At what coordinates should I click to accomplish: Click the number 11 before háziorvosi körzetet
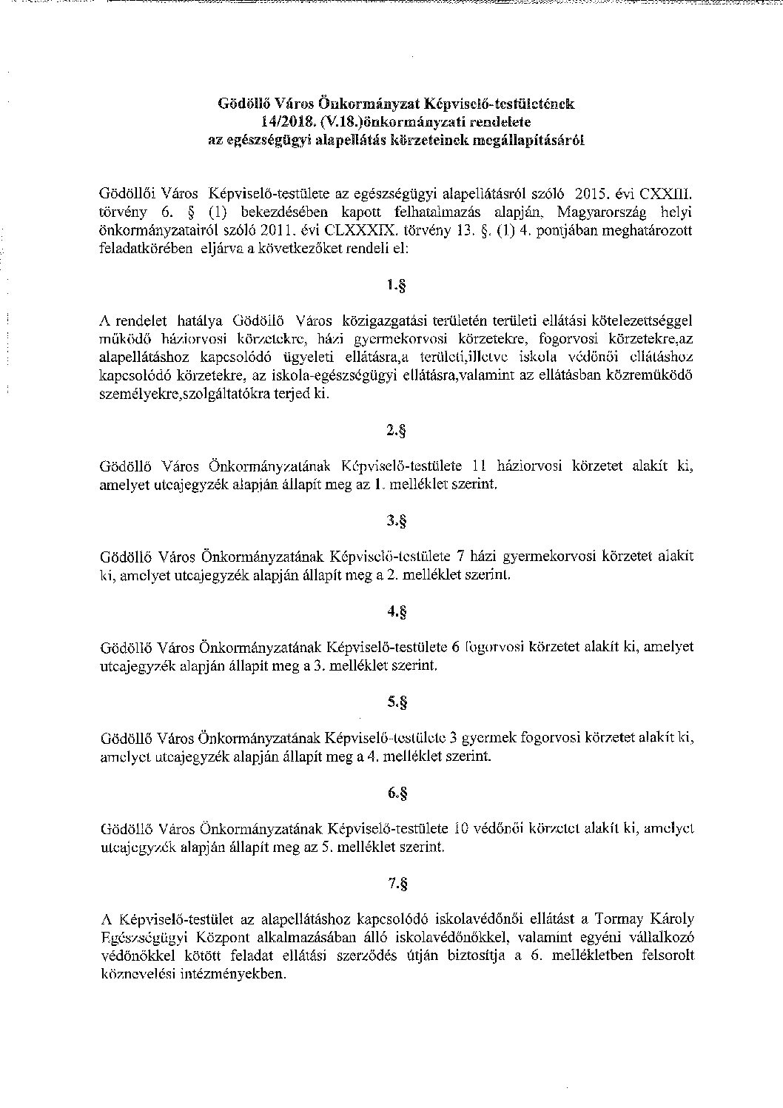click(478, 466)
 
